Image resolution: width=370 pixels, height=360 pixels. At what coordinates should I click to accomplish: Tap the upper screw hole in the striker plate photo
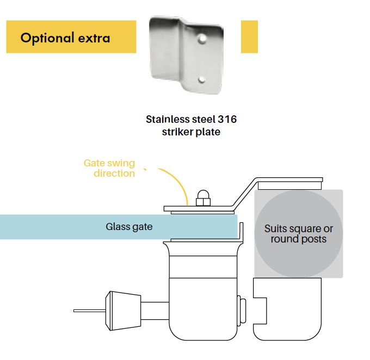202,40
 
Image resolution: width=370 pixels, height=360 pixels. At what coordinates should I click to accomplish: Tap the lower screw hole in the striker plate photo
201,79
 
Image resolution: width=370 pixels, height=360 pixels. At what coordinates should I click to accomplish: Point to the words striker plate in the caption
191,132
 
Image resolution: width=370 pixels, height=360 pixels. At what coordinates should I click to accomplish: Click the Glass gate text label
129,227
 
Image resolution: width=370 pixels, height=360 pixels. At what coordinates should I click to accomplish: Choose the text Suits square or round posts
298,234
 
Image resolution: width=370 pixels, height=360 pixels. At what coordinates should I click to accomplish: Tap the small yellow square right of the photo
249,36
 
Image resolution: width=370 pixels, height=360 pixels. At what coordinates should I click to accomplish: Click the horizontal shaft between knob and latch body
155,310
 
